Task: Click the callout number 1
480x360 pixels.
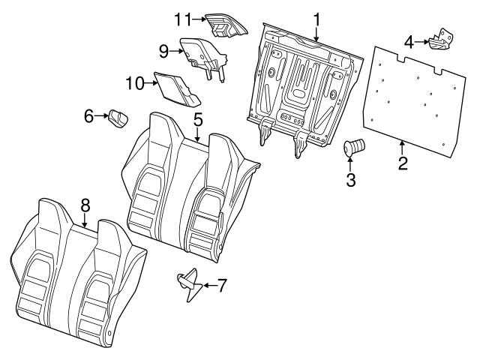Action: pos(316,17)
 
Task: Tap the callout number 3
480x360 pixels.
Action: pos(350,179)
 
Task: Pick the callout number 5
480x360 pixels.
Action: pos(198,119)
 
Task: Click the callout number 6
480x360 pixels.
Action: pos(88,115)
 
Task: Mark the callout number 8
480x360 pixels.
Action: pos(85,204)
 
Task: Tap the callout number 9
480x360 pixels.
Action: pos(163,51)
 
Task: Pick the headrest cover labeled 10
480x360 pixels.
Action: pos(174,88)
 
